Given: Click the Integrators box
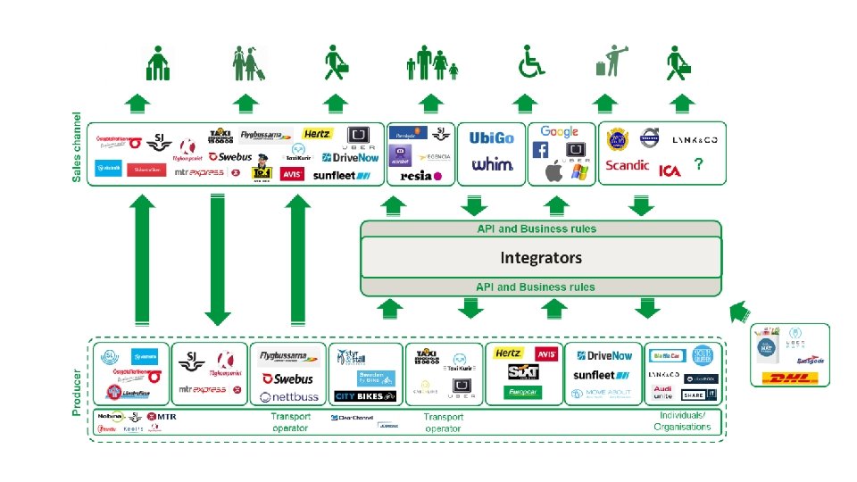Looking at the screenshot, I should click(x=540, y=258).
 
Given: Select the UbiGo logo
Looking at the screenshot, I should click(x=492, y=138).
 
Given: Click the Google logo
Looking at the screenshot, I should click(x=559, y=132).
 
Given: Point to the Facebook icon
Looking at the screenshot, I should click(x=541, y=150).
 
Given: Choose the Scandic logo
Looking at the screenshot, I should click(x=628, y=165).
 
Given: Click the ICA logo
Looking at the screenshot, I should click(x=670, y=170).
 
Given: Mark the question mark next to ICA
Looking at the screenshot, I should click(x=698, y=164).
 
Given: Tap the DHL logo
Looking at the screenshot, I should click(x=790, y=378).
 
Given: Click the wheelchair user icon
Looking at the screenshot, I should click(x=532, y=62).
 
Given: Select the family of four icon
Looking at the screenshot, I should click(x=432, y=62).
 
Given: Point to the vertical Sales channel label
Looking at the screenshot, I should click(x=77, y=147).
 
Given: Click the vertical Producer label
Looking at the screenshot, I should click(x=77, y=393).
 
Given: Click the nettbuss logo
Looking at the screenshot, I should click(x=288, y=396).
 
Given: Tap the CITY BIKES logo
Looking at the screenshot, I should click(x=364, y=395).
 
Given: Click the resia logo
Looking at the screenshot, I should click(x=420, y=175).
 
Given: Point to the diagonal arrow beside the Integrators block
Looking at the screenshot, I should click(x=740, y=312).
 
